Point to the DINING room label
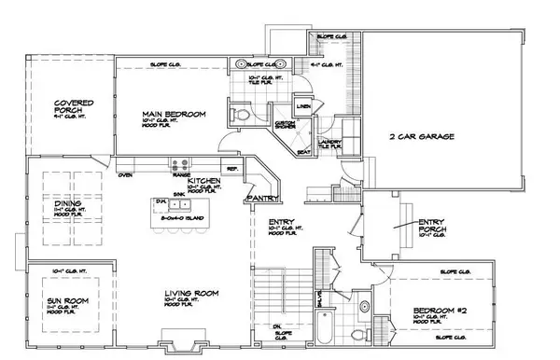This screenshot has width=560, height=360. click(x=64, y=201)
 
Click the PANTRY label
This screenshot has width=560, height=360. click(x=258, y=200)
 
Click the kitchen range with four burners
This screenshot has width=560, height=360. click(x=181, y=164)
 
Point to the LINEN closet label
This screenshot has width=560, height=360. click(x=304, y=107)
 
